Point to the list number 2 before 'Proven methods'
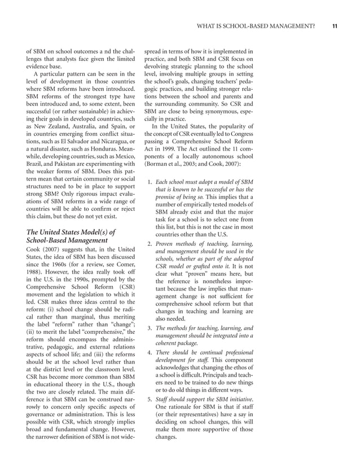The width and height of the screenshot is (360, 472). [149, 244]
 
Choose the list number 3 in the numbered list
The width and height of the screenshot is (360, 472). [149, 328]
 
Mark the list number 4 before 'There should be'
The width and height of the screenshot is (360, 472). [149, 352]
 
